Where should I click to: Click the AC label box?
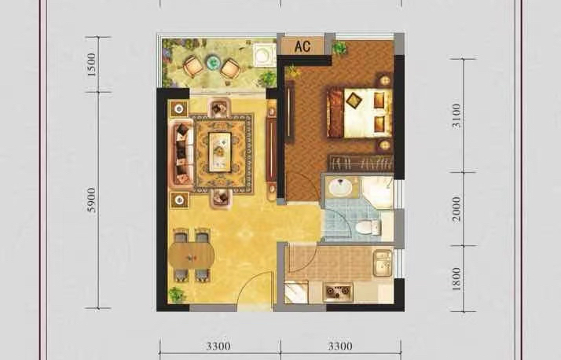302,46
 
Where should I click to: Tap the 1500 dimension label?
92,64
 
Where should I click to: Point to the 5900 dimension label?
92,200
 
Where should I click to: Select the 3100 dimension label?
456,116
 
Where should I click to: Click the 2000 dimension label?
456,208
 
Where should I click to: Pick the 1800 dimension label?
456,279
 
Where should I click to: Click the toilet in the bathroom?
368,227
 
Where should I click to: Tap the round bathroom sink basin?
340,186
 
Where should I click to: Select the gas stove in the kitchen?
338,292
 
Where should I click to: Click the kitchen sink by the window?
383,264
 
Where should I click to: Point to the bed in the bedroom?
359,112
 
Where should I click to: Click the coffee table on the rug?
220,152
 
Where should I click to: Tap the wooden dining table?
192,255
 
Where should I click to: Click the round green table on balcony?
213,63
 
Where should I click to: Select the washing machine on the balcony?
264,55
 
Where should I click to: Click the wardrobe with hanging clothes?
361,163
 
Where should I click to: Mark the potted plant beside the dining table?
176,295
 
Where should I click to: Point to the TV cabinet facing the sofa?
271,150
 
